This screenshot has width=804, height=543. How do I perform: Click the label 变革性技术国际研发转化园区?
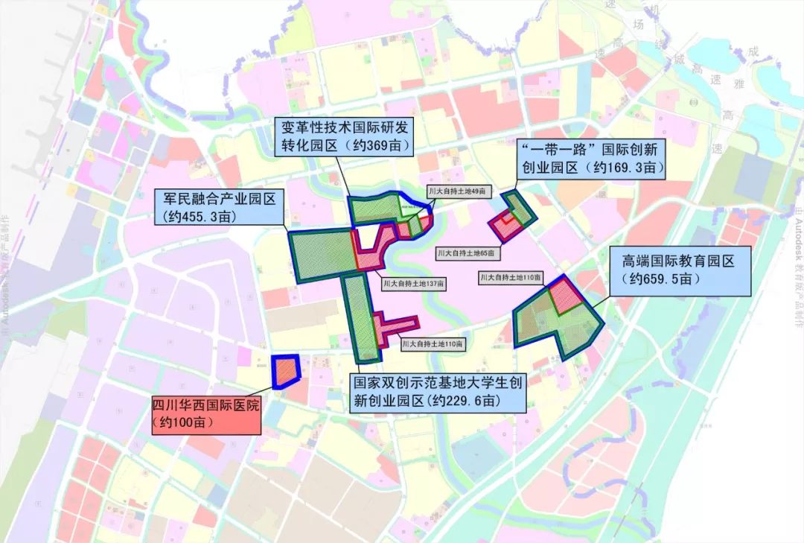(344, 135)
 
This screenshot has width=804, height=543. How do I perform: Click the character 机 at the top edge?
(655, 10)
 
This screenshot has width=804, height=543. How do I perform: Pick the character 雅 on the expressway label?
(739, 84)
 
